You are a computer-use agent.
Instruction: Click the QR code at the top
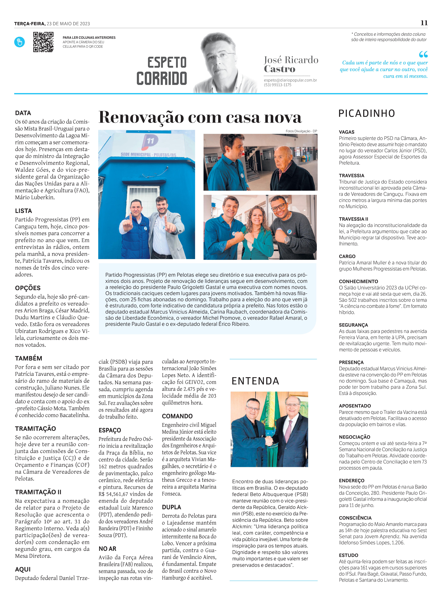43,42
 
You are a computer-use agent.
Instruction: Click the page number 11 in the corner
424,23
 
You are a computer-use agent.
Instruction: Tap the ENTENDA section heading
255,381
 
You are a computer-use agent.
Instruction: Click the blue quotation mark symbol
423,55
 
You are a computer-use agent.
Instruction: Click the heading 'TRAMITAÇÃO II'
38,492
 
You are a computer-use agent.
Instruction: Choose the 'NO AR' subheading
107,549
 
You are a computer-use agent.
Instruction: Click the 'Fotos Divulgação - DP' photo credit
301,131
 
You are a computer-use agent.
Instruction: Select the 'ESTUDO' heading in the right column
348,555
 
